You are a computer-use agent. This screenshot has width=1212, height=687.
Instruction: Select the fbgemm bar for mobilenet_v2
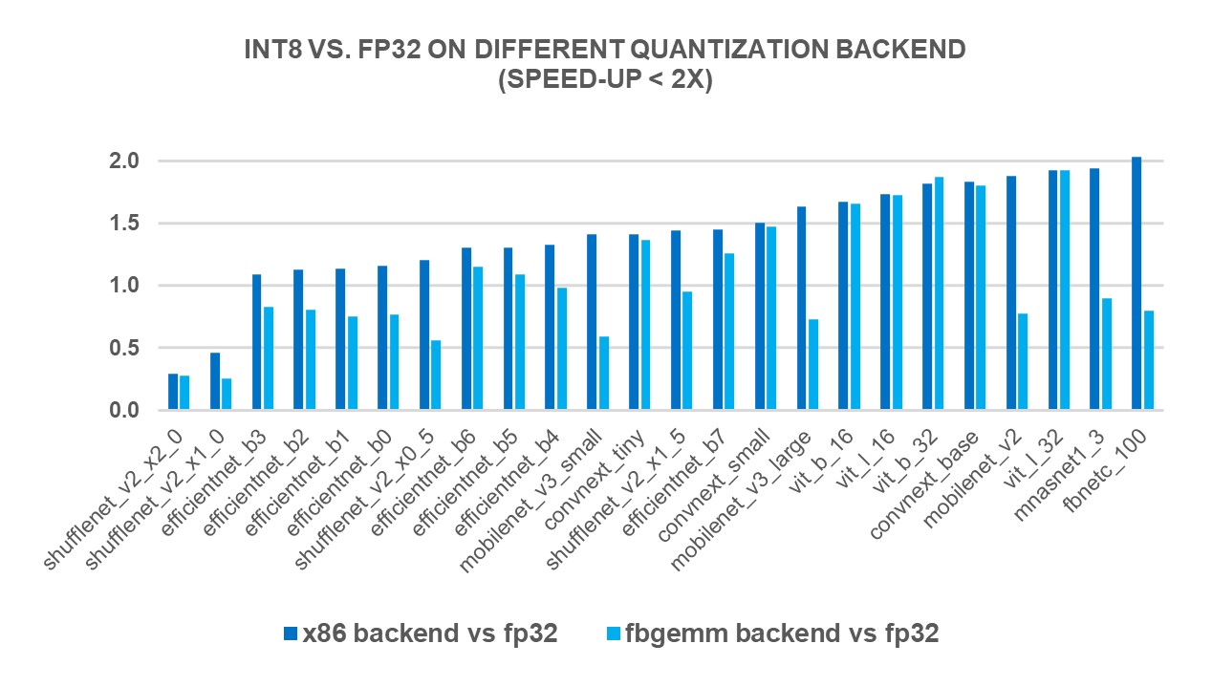1023,362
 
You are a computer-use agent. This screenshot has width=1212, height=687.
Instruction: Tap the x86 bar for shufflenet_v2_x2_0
173,392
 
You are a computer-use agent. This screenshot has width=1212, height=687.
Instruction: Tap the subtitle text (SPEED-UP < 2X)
606,81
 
